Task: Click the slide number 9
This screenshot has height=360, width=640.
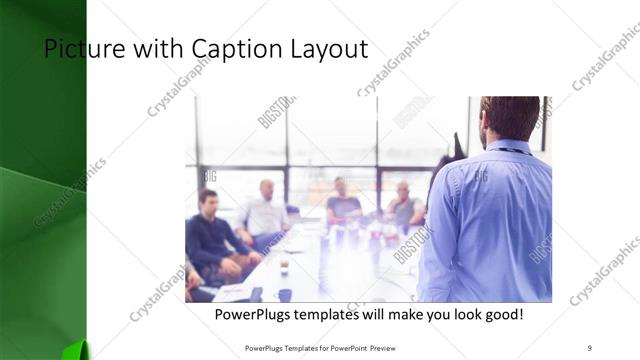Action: pos(589,347)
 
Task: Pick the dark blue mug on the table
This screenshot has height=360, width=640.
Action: pos(285,295)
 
